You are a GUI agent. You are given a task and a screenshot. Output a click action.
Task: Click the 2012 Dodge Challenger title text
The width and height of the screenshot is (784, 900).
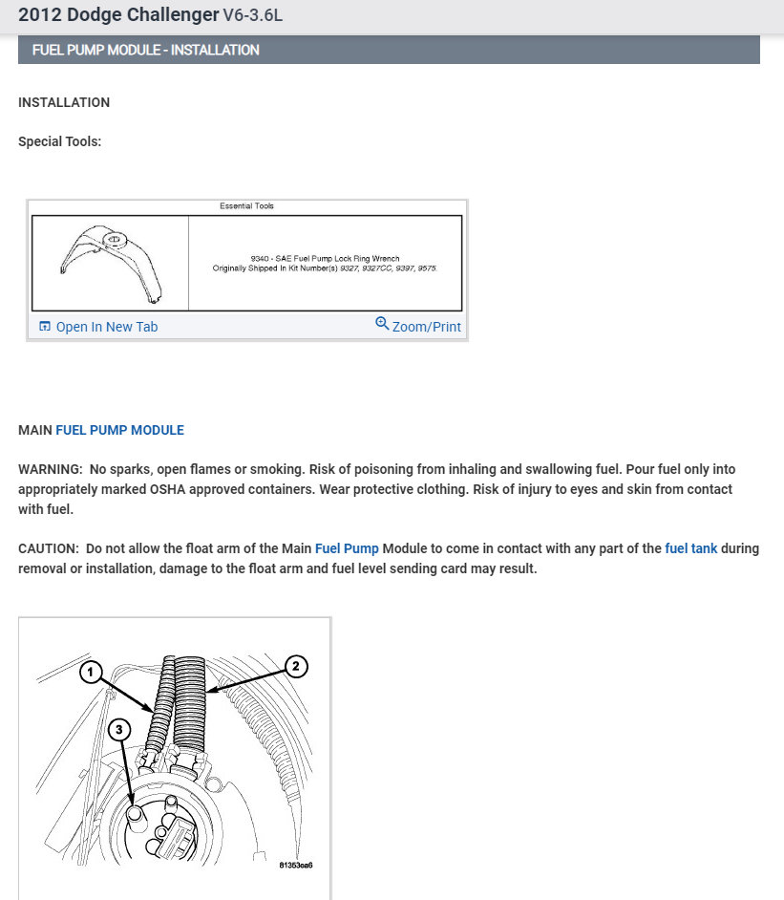pos(117,15)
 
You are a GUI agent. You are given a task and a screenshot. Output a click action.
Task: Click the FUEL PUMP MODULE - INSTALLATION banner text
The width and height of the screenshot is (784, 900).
pos(145,50)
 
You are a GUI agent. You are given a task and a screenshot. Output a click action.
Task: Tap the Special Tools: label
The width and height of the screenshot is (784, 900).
pos(59,141)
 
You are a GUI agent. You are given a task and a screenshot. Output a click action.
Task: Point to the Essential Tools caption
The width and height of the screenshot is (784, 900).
pos(246,206)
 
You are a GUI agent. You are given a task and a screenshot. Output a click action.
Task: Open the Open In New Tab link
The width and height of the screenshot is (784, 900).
pos(106,327)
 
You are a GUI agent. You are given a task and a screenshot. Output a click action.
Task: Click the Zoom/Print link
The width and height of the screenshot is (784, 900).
pos(426,327)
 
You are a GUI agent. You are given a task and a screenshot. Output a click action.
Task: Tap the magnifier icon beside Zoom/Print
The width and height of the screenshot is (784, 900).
pos(382,324)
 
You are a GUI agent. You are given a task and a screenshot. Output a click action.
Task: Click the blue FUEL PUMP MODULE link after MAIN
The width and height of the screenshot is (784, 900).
pos(119,430)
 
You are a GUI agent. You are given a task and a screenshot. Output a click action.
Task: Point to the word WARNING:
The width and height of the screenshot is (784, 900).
pos(50,470)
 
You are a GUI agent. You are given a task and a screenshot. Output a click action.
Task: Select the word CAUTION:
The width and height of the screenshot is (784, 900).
pos(49,548)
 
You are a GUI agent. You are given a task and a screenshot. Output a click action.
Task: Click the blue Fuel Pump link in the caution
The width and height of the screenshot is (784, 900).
pos(347,548)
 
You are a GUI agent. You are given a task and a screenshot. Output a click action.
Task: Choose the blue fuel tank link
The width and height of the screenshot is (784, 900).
pos(690,548)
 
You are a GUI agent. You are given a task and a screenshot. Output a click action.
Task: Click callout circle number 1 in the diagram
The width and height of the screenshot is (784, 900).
pos(91,674)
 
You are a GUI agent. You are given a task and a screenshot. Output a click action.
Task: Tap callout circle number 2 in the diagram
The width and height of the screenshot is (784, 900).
pos(296,667)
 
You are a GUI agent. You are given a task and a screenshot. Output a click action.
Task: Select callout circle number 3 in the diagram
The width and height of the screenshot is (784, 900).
pos(118,730)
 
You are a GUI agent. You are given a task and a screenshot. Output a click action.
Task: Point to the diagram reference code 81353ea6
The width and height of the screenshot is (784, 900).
pos(296,865)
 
